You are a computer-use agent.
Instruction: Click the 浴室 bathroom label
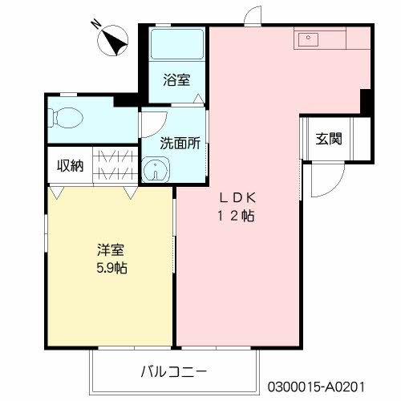click(x=177, y=79)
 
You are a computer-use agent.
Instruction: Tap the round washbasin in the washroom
click(x=152, y=170)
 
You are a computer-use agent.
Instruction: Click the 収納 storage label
click(x=69, y=166)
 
